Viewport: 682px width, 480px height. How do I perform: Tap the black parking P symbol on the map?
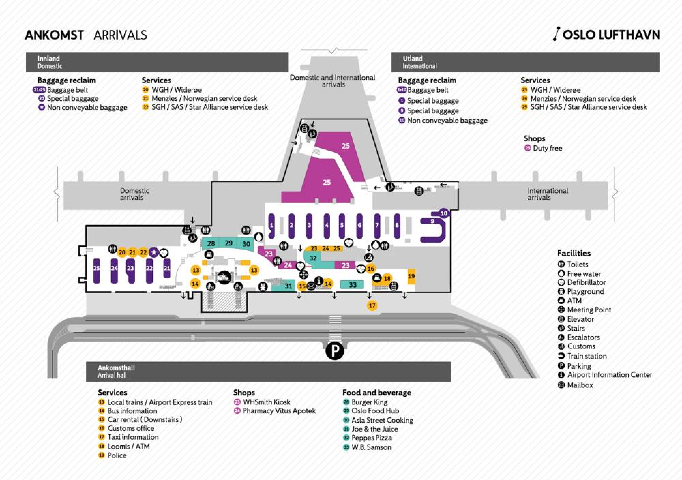335,350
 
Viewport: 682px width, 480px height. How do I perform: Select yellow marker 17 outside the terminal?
372,305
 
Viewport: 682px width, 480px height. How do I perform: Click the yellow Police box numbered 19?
411,276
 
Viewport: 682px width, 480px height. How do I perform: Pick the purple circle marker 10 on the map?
444,213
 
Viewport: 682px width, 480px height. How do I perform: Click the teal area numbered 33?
353,285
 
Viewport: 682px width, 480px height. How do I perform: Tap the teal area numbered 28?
211,243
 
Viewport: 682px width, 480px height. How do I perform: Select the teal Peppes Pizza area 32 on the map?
313,258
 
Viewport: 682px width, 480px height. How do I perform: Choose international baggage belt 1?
271,226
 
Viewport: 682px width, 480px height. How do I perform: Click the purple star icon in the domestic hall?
154,252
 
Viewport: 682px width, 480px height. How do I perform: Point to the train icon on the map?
224,277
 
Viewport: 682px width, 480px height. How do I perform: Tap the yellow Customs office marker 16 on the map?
371,269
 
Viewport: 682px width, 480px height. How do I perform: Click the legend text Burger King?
369,402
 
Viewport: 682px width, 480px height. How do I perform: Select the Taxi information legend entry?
133,437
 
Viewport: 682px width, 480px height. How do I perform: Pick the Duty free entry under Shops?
547,148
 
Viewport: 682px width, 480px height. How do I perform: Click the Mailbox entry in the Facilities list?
580,385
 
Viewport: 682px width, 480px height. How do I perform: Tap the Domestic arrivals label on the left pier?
134,194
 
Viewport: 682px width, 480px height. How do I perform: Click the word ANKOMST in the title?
54,35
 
